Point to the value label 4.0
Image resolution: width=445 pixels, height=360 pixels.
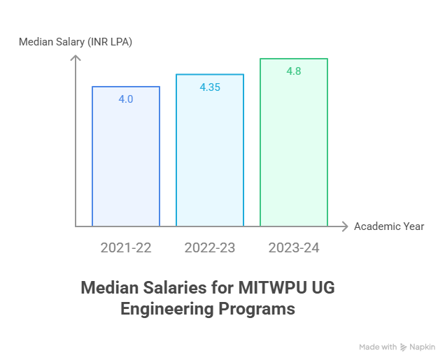pos(126,99)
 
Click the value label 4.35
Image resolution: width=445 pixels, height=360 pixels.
pos(210,87)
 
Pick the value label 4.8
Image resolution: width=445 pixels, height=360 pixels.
pos(294,71)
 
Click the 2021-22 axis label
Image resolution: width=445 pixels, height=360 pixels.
pos(126,247)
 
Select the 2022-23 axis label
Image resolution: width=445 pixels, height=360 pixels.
pos(210,247)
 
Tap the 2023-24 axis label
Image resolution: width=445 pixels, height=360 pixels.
pos(294,247)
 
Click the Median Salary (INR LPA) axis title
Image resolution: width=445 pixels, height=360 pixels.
pos(76,42)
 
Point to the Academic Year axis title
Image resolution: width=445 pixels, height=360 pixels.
pos(389,226)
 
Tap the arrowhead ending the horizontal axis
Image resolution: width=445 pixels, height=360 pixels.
pos(344,226)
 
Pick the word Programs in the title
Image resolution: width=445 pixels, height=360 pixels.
pos(260,308)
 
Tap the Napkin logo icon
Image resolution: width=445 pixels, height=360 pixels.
pos(404,347)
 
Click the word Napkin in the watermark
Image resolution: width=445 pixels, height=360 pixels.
pos(423,347)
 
